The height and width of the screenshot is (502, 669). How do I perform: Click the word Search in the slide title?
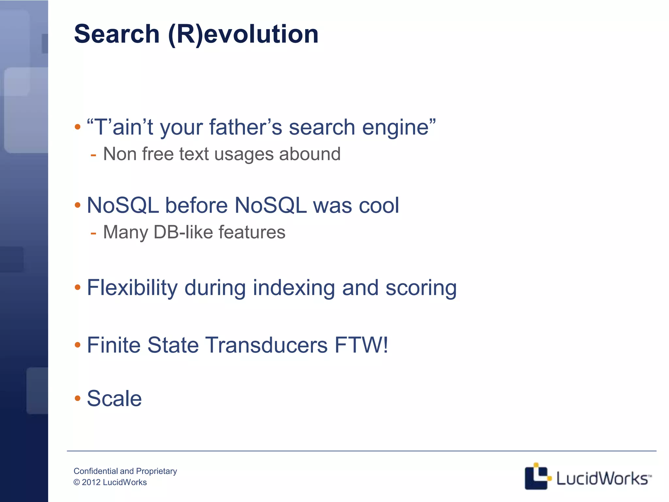click(x=117, y=34)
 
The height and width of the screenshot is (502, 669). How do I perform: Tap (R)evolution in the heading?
click(x=243, y=35)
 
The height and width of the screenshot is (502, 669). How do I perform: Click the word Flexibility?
click(x=132, y=288)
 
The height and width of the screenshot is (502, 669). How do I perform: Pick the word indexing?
click(x=294, y=288)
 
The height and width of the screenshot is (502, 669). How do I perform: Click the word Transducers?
click(x=266, y=345)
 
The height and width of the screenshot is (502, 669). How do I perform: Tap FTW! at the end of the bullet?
click(x=361, y=345)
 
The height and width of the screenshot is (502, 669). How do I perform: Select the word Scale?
click(x=114, y=398)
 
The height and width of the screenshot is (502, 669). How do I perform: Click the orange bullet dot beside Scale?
click(x=77, y=398)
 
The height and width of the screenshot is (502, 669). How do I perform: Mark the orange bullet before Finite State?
click(x=77, y=345)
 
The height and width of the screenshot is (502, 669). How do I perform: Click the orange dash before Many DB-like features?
click(x=93, y=233)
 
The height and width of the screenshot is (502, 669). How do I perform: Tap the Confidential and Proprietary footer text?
click(x=125, y=471)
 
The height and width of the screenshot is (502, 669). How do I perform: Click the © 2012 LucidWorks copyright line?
click(x=110, y=482)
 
